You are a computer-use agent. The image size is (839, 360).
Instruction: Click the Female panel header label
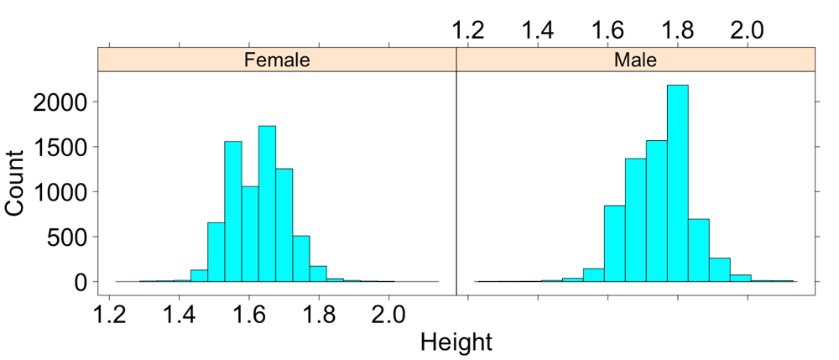tap(277, 60)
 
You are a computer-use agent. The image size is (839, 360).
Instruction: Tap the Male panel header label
tap(635, 60)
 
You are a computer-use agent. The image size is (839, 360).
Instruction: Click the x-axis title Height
tap(456, 342)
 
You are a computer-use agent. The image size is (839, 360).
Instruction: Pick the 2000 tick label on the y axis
tap(64, 102)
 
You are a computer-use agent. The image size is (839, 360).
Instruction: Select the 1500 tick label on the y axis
tap(64, 148)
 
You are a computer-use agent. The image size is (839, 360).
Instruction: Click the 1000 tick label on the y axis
tap(64, 192)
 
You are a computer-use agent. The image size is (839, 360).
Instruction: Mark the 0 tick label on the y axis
tap(81, 283)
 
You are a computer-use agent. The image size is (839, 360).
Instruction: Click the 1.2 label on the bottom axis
tap(111, 316)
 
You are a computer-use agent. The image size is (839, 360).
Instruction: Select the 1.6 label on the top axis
tap(607, 30)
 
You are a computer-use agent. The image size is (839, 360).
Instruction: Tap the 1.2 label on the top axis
tap(469, 30)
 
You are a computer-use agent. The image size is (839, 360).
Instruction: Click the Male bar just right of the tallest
tap(698, 250)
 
